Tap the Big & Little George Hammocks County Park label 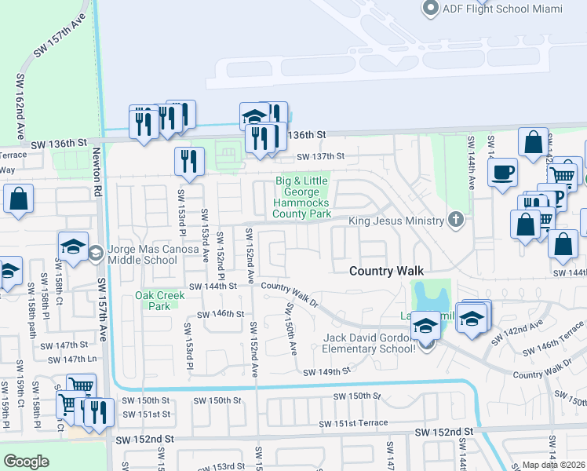pos(302,197)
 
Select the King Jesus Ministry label pos(396,221)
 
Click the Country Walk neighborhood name pos(386,271)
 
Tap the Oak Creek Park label pos(159,301)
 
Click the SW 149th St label pos(326,372)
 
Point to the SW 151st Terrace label pos(353,424)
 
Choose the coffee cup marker pos(502,171)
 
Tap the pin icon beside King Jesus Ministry pos(456,221)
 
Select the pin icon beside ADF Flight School pos(430,9)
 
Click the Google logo pos(26,462)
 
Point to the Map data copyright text pos(554,465)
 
